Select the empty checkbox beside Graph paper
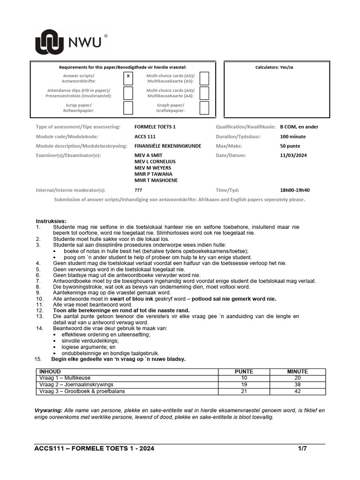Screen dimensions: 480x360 tap(204, 108)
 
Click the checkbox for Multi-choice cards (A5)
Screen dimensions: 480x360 tap(204, 78)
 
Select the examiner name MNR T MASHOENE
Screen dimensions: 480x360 tap(156, 180)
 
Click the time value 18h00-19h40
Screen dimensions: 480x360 tap(294, 190)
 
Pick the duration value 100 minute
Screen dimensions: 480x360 tap(292, 136)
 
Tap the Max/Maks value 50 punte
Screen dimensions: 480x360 tap(290, 146)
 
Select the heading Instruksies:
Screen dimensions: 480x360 tap(51, 221)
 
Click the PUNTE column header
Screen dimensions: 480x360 tap(243, 371)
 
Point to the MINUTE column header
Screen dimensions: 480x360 tap(297, 371)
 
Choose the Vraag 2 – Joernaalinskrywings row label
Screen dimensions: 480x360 tap(76, 384)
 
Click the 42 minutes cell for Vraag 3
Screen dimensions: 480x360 tap(297, 391)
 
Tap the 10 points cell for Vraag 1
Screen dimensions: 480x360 tap(243, 378)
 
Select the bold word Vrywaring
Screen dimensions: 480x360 tap(48, 410)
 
